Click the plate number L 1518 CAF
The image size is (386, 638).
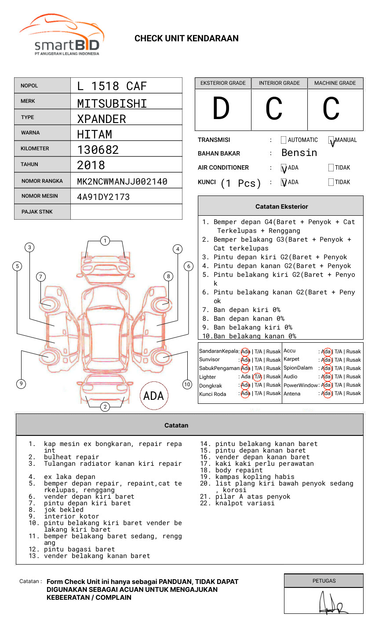pos(112,86)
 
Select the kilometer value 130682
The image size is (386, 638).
pos(98,150)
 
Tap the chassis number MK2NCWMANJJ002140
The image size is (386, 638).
pos(122,181)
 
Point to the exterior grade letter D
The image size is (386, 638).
pos(222,109)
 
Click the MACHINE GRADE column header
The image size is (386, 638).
pos(335,83)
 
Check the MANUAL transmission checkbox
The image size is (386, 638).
pos(331,140)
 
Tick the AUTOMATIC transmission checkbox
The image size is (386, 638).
pos(284,140)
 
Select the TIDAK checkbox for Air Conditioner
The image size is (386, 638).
pos(331,168)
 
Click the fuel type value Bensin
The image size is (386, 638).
pos(299,153)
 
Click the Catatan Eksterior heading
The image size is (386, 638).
pos(281,207)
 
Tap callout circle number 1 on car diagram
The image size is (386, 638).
pos(105,241)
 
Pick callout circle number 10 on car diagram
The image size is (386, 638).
pos(187,384)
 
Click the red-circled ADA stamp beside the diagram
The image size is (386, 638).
pos(153,396)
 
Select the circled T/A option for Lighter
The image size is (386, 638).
pos(258,377)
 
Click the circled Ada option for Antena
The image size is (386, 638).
pos(326,393)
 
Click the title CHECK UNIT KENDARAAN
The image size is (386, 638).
pos(186,39)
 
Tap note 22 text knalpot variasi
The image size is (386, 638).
pos(245,503)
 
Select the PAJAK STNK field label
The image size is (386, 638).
pos(37,212)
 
